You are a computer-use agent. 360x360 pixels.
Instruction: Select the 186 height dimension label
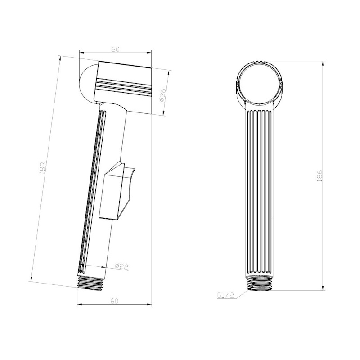pyautogui.click(x=320, y=175)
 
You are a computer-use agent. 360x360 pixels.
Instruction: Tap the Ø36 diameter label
pyautogui.click(x=162, y=95)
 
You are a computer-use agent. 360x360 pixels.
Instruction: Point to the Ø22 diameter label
pyautogui.click(x=121, y=266)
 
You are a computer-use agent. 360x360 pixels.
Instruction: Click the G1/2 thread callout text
pyautogui.click(x=225, y=295)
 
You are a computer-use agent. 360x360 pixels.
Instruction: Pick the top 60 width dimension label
pyautogui.click(x=116, y=49)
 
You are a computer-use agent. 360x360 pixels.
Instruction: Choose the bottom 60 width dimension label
pyautogui.click(x=114, y=301)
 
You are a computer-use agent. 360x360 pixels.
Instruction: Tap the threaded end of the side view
pyautogui.click(x=90, y=283)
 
